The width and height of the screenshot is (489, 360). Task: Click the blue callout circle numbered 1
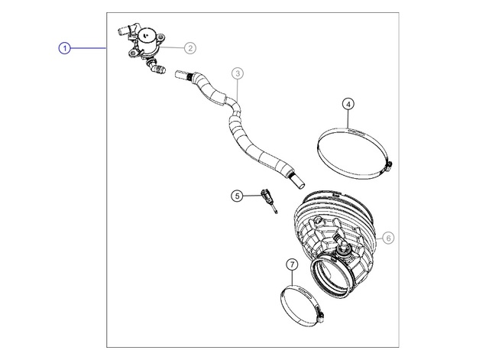click(64, 48)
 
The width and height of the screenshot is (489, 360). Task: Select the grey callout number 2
click(190, 48)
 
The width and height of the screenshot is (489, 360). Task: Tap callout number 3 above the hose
click(238, 73)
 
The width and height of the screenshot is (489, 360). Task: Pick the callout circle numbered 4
click(348, 104)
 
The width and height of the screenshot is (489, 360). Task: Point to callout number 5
click(237, 196)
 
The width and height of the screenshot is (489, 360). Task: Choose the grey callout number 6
click(388, 238)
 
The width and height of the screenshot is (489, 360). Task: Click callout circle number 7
click(292, 265)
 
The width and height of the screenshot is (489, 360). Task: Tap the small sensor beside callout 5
click(268, 199)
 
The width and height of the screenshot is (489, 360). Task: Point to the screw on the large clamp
click(389, 165)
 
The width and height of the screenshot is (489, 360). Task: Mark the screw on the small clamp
click(320, 315)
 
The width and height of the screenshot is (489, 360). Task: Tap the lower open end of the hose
click(299, 182)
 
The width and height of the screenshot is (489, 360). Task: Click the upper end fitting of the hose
click(183, 76)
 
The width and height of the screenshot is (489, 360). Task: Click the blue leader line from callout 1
click(89, 48)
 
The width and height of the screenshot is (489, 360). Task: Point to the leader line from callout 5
click(252, 196)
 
